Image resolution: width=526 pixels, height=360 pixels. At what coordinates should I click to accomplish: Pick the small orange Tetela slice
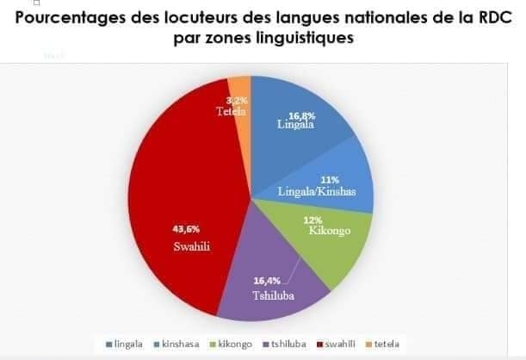click(240, 99)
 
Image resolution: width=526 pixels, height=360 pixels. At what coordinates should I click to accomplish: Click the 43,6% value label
click(187, 229)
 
